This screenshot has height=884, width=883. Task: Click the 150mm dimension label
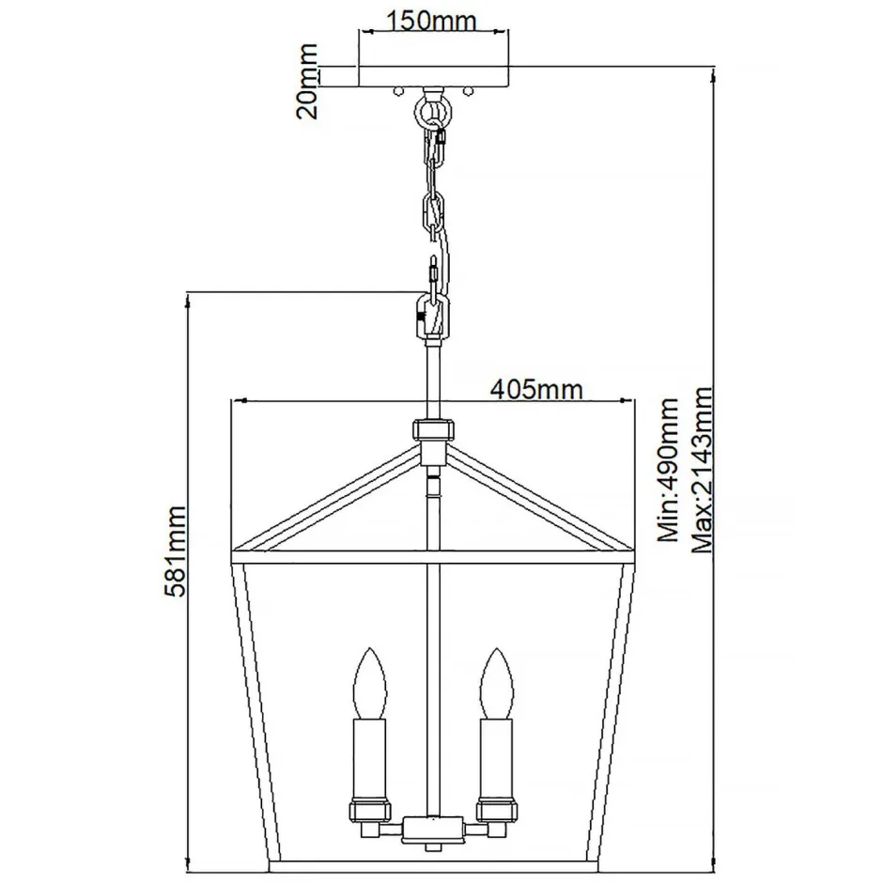433,20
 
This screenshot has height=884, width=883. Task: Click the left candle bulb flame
368,681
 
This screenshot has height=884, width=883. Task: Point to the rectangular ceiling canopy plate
433,77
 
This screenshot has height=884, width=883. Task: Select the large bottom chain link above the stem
432,314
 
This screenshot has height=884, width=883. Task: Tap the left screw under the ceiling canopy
399,92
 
